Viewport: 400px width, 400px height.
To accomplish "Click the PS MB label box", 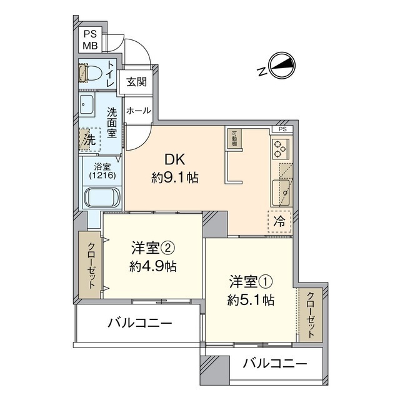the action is (90, 40).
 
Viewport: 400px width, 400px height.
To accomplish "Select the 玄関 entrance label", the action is (137, 82).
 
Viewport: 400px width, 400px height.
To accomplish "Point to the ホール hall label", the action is (139, 111).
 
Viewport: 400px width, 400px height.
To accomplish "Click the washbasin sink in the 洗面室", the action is (87, 104).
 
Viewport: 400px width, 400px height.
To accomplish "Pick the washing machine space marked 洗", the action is (89, 139).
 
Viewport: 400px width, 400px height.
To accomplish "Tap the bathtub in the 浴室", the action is (102, 197).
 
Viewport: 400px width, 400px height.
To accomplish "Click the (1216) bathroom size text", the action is (102, 175).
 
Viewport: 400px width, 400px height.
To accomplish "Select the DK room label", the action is (175, 160).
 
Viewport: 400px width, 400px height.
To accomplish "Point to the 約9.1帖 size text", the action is (175, 177).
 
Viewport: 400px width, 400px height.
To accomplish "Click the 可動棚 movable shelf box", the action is (234, 139).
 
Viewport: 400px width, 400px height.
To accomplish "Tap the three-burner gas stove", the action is (281, 149).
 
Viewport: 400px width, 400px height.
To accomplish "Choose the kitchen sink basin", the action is (281, 192).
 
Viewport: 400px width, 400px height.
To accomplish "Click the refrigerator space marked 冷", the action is (279, 221).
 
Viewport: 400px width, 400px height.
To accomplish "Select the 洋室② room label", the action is (153, 248).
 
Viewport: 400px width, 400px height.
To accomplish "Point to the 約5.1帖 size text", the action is (251, 300).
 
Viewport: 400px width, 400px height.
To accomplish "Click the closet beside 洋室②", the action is (89, 264).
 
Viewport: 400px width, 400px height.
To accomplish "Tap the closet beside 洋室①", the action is (311, 315).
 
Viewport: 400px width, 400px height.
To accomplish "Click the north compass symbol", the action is (282, 65).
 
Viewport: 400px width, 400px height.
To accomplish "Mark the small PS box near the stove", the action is (282, 129).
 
